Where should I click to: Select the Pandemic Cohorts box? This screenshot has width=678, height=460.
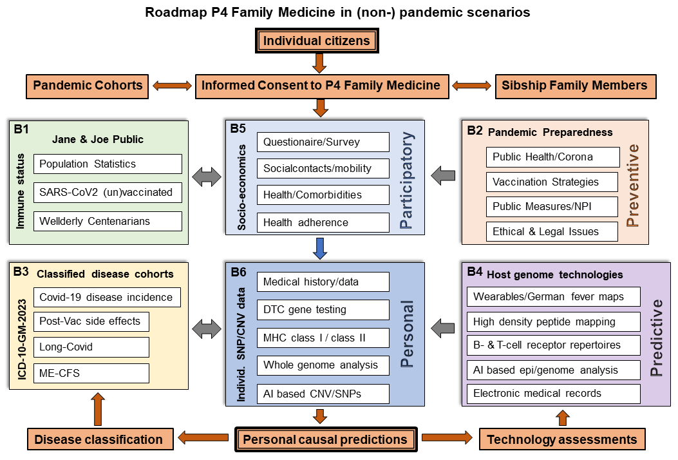(88, 86)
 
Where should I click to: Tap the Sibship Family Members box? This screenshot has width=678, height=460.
(575, 86)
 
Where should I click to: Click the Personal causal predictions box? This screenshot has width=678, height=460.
(326, 440)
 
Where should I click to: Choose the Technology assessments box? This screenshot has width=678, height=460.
(561, 440)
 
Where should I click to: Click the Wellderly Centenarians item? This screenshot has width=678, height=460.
(108, 221)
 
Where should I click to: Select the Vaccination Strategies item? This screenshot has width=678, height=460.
(552, 182)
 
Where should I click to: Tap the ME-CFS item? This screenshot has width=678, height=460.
(91, 374)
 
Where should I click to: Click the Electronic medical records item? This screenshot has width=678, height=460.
(554, 394)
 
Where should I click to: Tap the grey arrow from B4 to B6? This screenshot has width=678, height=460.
(443, 328)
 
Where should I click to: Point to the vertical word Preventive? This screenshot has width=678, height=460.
(634, 186)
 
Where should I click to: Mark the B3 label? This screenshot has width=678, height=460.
(21, 272)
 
